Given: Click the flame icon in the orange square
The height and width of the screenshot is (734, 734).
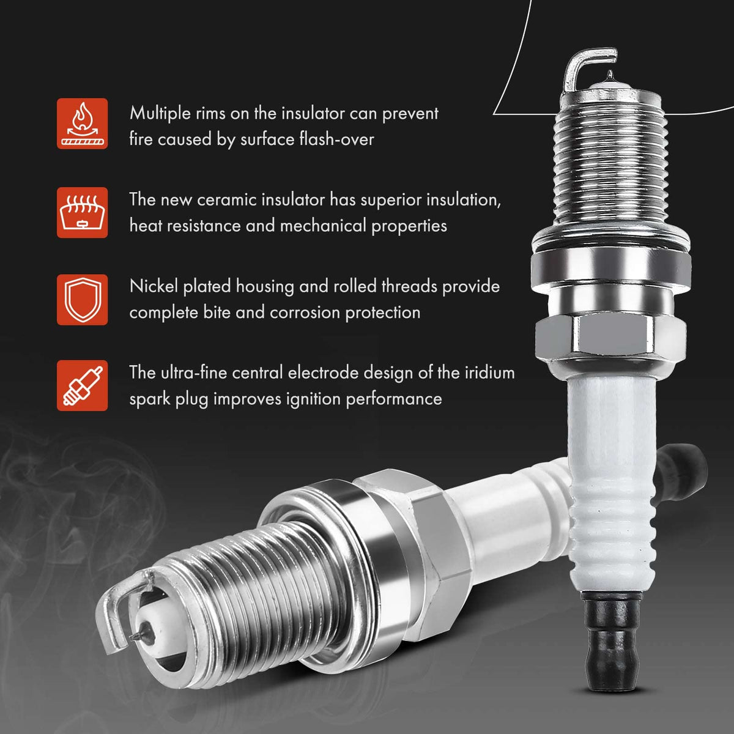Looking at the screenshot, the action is coord(83,124).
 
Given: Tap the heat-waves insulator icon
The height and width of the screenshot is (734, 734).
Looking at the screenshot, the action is coord(83,212).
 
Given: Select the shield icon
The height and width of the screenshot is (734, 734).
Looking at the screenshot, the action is coord(83,300).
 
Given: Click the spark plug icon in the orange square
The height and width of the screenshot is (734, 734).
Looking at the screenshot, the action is coord(83,385).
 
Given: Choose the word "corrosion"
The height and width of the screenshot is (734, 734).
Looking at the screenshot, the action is coord(305,313).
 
